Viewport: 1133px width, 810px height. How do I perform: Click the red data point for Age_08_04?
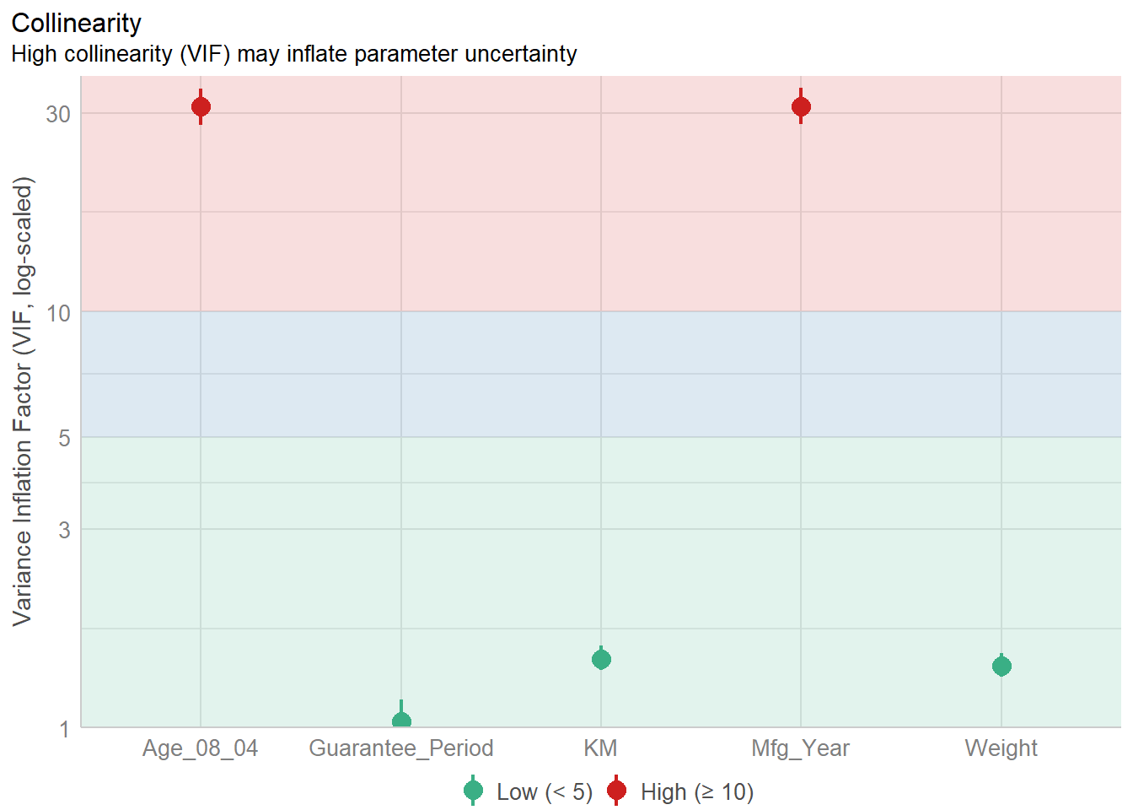201,107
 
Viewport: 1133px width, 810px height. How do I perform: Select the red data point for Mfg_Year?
801,107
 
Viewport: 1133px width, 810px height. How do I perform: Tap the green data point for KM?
601,659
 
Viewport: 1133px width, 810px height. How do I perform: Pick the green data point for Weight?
1001,667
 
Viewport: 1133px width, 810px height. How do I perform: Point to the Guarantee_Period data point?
401,721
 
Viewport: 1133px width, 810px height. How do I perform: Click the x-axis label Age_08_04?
200,748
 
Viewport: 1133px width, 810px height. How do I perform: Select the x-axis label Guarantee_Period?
401,748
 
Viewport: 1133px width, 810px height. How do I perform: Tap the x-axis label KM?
600,748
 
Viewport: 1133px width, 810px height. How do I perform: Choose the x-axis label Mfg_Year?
800,748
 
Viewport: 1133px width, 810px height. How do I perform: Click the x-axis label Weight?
1001,748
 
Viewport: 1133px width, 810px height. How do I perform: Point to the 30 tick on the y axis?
58,114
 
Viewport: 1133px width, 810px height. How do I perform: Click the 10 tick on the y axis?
58,314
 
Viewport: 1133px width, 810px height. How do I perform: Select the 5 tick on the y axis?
64,438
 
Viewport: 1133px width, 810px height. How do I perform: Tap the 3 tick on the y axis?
64,530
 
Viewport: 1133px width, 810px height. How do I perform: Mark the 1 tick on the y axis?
64,729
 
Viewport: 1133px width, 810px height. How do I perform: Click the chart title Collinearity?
76,23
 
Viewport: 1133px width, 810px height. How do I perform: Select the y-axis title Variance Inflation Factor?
23,401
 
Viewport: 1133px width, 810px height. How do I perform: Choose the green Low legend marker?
473,791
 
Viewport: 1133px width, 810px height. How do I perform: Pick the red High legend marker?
616,791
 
